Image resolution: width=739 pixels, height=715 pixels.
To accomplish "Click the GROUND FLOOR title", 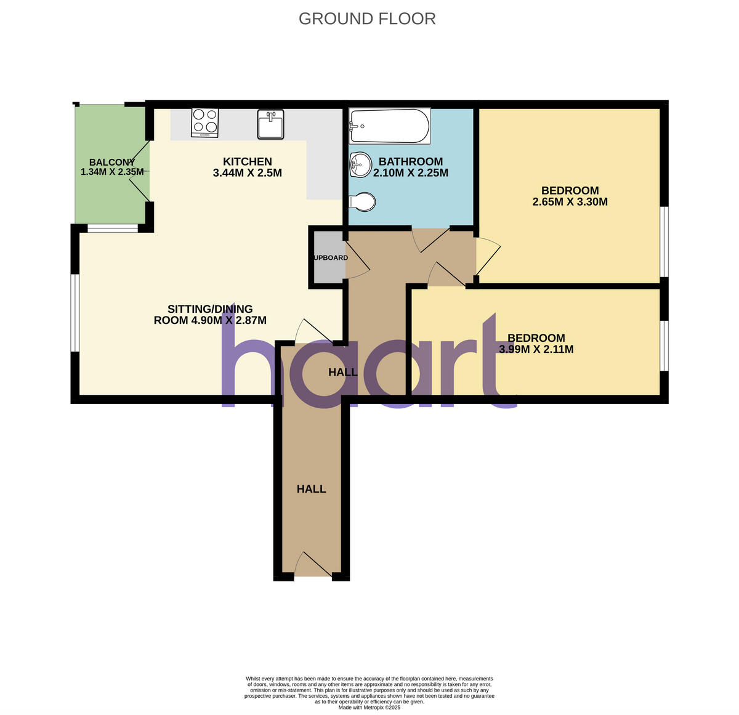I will [x=367, y=19].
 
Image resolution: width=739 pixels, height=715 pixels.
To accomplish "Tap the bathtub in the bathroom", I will [x=389, y=126].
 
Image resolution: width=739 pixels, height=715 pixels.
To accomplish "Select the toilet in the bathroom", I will [x=362, y=201].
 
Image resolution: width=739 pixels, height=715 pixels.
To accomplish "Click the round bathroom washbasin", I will [x=359, y=164].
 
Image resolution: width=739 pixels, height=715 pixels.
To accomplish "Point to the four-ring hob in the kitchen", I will [x=205, y=122].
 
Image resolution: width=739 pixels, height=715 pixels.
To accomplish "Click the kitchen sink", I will [x=270, y=124].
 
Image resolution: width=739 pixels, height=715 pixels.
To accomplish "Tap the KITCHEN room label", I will [x=247, y=161].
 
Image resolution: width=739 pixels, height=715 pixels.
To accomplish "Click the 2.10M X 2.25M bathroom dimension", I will [x=411, y=173].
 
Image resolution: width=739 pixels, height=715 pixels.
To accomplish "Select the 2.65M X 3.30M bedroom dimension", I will [x=570, y=201].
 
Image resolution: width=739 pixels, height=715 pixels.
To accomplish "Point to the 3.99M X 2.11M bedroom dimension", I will [x=536, y=349].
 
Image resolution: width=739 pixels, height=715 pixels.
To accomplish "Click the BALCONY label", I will [x=112, y=162].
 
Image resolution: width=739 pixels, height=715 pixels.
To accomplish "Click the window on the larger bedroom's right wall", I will [x=664, y=241].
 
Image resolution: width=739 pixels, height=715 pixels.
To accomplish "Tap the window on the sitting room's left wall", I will [x=75, y=313].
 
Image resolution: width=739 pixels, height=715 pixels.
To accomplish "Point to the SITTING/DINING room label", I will [x=210, y=309].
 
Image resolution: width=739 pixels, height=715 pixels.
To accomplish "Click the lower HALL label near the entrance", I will [x=311, y=489].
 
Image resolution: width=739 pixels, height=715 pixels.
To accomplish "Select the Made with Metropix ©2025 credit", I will [x=369, y=708].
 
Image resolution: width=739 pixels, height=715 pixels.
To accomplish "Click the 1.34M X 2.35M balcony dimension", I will [x=112, y=172].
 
